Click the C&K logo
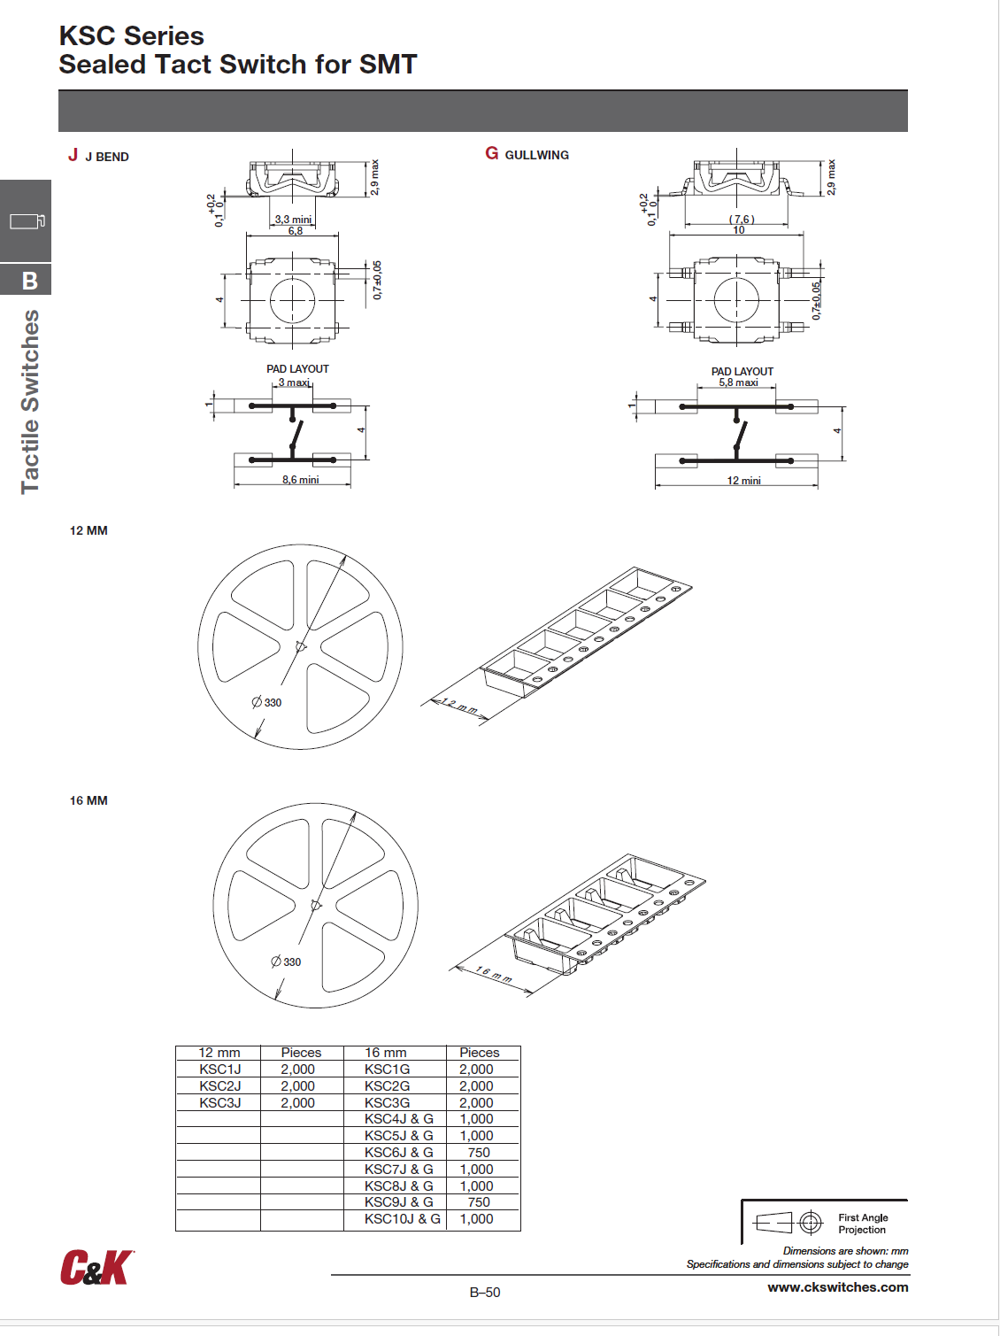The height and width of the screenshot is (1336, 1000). tap(96, 1267)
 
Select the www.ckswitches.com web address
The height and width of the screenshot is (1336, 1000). tap(837, 1287)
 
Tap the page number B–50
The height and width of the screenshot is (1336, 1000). tap(485, 1293)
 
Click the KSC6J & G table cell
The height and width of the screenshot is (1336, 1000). tap(398, 1153)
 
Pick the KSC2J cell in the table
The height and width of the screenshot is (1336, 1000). tap(219, 1086)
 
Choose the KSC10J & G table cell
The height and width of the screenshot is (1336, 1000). tap(402, 1219)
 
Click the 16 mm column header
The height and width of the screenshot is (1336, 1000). tap(386, 1053)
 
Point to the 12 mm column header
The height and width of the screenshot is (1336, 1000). tap(219, 1053)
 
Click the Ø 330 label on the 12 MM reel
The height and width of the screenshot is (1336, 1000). tap(267, 703)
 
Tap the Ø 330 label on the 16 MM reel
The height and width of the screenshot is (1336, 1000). tap(287, 962)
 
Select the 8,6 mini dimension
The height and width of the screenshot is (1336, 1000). tap(300, 480)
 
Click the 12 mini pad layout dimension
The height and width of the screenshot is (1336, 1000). tap(743, 481)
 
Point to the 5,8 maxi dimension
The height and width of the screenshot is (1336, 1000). tap(738, 382)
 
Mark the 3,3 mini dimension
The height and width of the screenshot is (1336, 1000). tap(293, 220)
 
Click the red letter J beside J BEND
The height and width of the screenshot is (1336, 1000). tap(73, 155)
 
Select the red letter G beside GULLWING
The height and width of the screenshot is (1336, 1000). tap(492, 153)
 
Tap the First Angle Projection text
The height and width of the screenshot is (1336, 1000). tap(863, 1224)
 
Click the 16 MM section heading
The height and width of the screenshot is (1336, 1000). tap(88, 800)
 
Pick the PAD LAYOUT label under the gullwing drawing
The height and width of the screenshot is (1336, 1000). tap(742, 372)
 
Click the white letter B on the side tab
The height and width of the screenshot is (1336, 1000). tap(30, 281)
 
